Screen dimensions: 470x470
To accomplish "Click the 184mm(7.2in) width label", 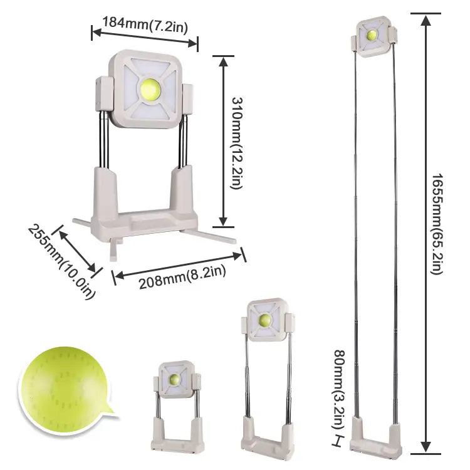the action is (145, 25).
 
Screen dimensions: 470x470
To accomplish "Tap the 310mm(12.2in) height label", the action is (237, 143).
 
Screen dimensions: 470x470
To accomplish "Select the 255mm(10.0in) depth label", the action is (62, 261).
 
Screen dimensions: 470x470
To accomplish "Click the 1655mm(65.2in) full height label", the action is (437, 224).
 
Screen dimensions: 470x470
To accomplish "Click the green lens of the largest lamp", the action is (150, 90).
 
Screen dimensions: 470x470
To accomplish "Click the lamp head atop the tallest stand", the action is (374, 36).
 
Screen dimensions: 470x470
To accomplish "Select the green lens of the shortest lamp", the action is (175, 380).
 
